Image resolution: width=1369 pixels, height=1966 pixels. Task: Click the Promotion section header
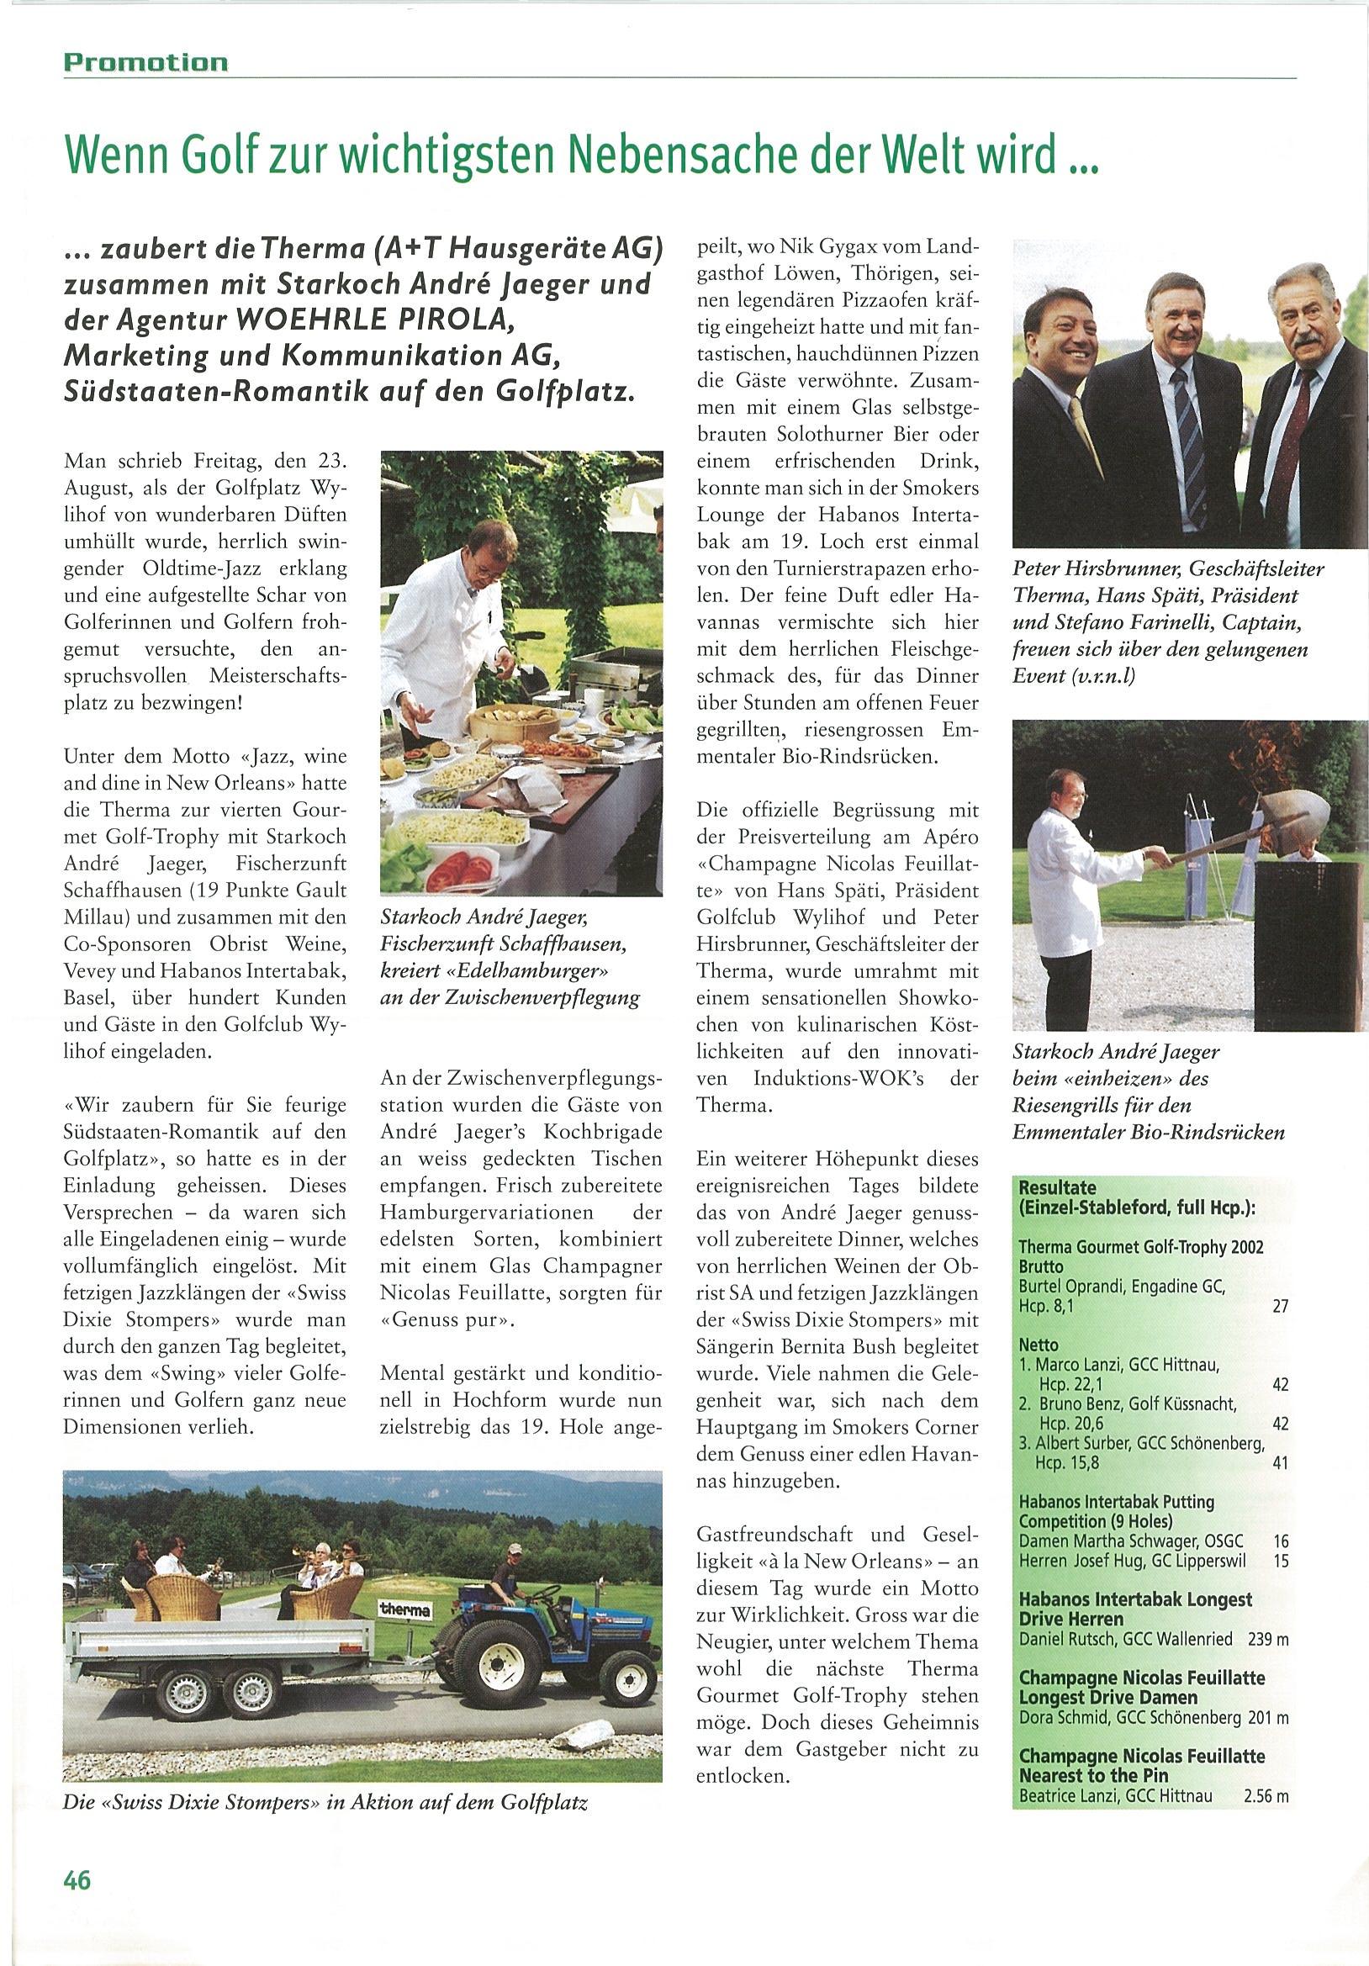145,62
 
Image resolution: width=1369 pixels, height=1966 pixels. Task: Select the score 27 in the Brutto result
1280,1307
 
